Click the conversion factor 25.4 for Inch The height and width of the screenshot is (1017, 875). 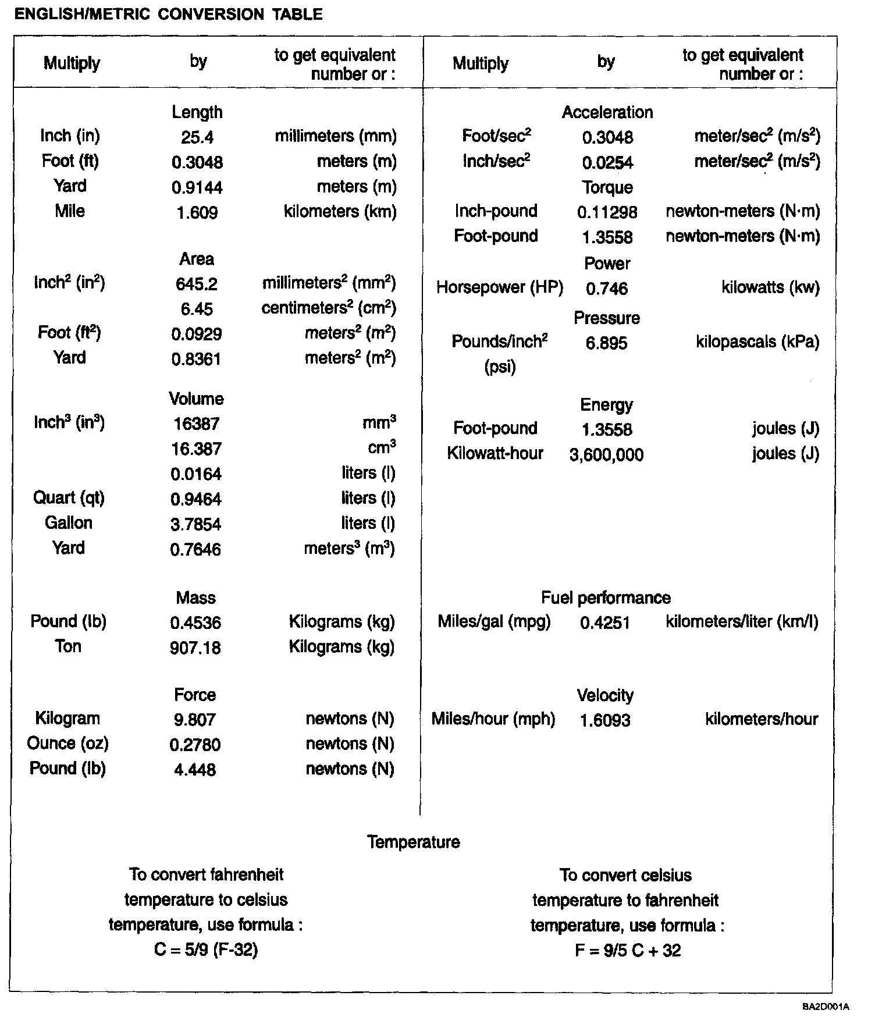(x=197, y=137)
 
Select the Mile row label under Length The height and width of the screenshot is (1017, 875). (x=70, y=211)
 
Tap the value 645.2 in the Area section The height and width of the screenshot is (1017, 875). (x=197, y=284)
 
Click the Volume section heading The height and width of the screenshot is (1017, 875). (x=197, y=399)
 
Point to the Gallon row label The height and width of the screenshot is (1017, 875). (x=69, y=522)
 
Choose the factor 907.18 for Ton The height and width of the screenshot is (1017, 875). (x=195, y=648)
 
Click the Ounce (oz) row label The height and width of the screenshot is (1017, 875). (x=68, y=743)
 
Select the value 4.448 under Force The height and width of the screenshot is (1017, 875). (x=195, y=770)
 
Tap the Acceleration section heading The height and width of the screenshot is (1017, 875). (x=607, y=112)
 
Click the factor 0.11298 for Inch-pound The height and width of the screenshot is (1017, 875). (x=607, y=212)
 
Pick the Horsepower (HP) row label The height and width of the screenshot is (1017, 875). (x=500, y=287)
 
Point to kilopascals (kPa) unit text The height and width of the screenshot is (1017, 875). (x=757, y=342)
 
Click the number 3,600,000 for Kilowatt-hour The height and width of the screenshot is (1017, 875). (x=606, y=455)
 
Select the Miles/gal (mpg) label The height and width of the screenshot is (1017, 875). (x=494, y=621)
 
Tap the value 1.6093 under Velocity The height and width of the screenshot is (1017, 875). (x=605, y=721)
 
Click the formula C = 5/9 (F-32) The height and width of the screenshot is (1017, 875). (x=206, y=950)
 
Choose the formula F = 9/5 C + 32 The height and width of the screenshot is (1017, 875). (x=628, y=951)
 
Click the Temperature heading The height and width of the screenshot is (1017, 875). (x=414, y=842)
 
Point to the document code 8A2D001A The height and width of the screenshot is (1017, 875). (x=826, y=1007)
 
